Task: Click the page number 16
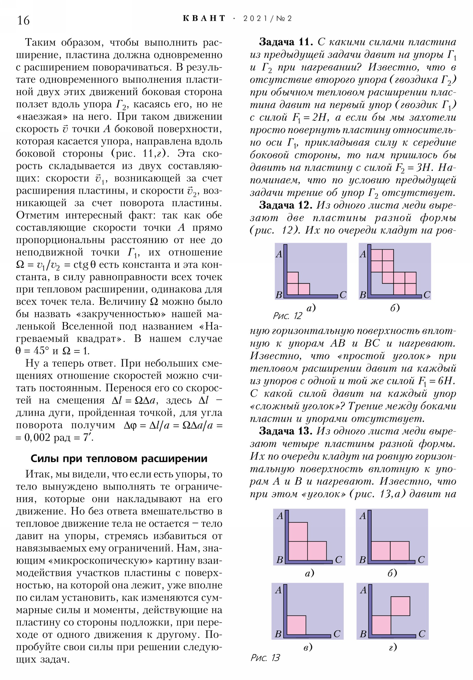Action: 23,20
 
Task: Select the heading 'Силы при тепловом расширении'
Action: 119,459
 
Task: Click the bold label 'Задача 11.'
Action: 286,42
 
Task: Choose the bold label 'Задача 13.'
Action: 285,431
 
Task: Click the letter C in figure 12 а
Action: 343,295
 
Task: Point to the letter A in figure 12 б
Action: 363,254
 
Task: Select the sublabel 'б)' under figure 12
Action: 395,308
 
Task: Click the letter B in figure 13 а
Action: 280,560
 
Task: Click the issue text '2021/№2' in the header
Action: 268,19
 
